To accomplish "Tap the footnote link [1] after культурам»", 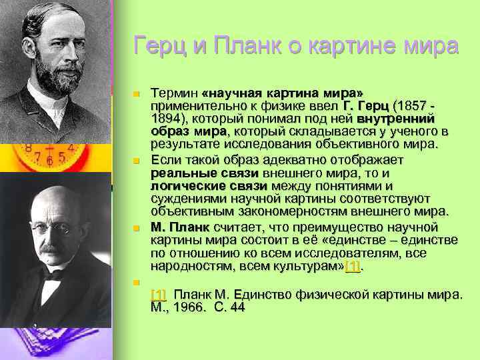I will (x=351, y=266).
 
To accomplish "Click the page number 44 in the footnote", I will (x=237, y=307).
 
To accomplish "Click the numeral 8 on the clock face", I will (x=28, y=148).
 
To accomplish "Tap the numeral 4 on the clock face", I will (x=70, y=148).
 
